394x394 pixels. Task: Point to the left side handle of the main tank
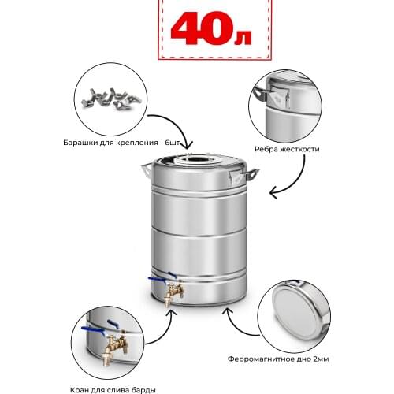[147, 169]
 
